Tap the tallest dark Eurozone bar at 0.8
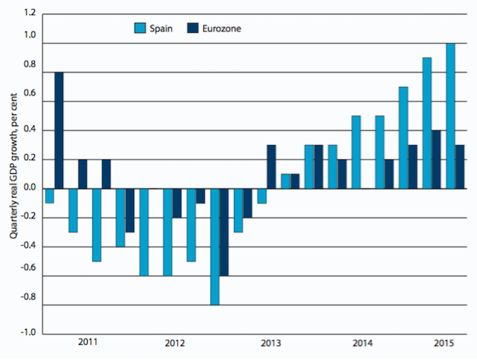59,130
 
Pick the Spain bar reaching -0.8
215,246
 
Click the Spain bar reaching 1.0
450,116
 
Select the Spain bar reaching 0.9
427,123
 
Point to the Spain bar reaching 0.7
403,138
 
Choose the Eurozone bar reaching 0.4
437,159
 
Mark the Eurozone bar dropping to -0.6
224,232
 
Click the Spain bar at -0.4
120,218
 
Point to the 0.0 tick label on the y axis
29,188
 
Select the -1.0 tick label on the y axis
28,333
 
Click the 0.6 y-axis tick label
29,101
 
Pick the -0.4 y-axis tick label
28,246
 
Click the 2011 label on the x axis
88,342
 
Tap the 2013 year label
271,342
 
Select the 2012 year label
176,342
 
